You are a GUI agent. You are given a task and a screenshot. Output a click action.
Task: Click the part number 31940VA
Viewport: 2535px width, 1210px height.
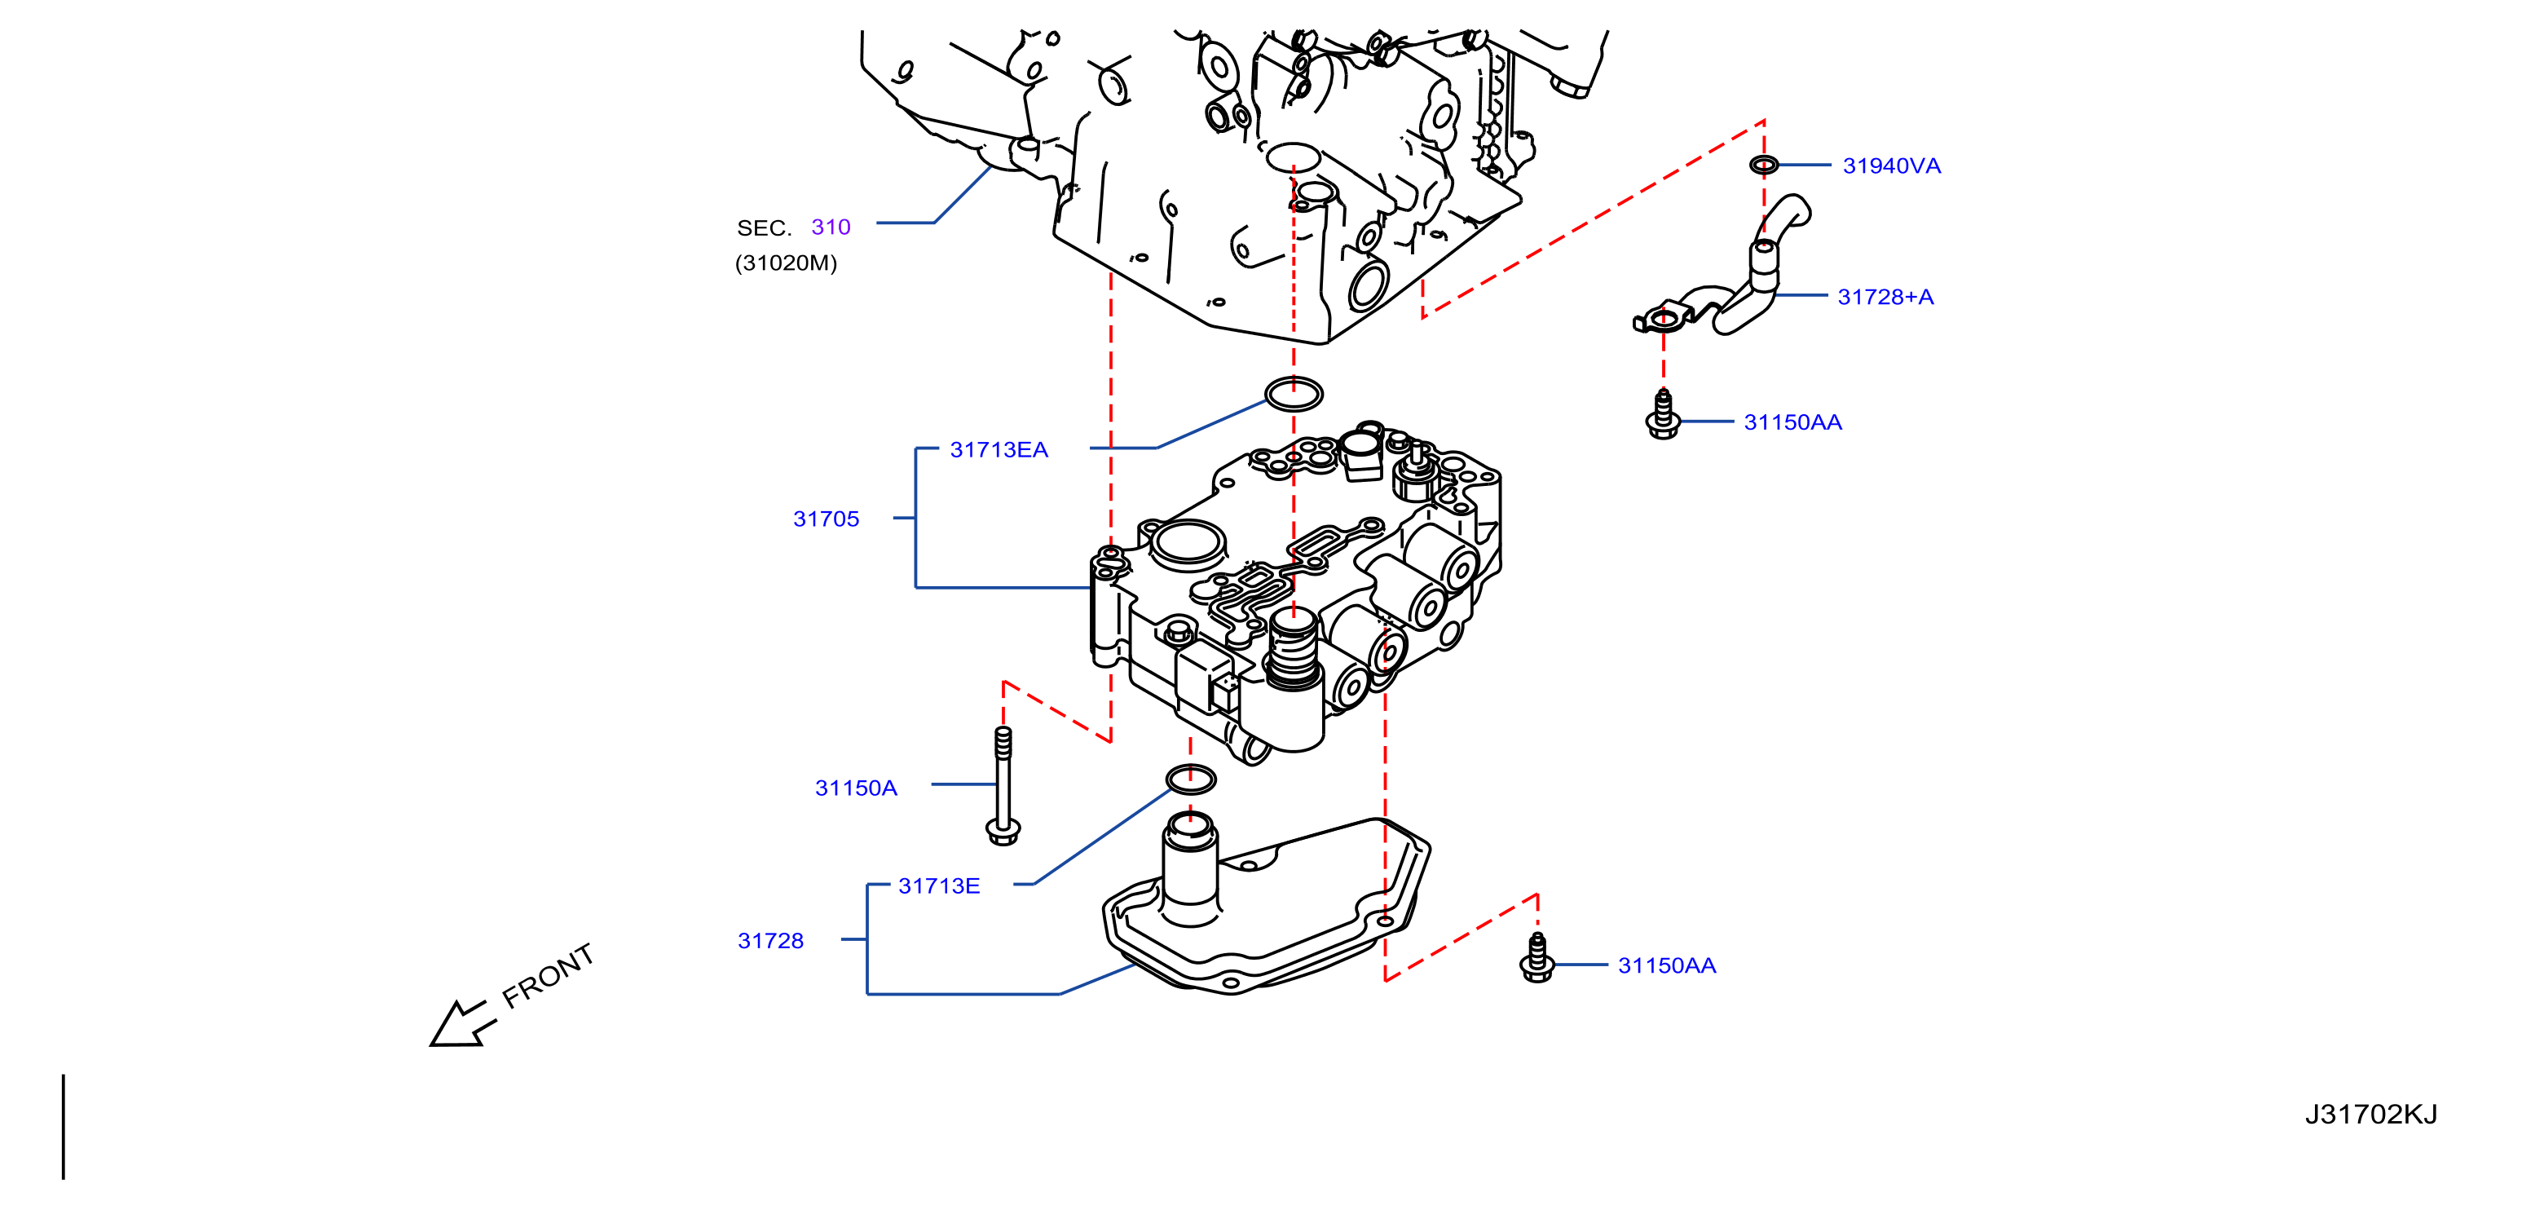point(1891,166)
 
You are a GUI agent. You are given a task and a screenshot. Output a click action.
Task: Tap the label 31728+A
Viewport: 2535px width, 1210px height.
point(1885,296)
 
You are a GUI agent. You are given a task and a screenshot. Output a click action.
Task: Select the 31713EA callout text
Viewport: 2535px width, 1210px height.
point(999,450)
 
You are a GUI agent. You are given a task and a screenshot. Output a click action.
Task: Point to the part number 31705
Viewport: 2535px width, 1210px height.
point(827,519)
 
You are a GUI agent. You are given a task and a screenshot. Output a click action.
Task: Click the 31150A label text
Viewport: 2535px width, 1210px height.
point(856,788)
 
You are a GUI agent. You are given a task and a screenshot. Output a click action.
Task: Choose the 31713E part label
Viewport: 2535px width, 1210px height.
point(939,886)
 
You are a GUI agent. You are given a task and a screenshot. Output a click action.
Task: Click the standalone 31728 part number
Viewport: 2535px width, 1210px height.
point(770,941)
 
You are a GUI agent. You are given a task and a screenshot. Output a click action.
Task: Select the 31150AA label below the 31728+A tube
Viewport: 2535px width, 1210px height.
point(1793,422)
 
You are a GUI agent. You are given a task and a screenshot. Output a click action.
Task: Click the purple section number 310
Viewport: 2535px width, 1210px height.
point(831,227)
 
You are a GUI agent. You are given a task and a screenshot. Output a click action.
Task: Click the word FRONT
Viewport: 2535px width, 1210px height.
point(548,976)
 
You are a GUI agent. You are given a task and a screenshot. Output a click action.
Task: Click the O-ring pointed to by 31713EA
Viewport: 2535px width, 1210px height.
point(1293,394)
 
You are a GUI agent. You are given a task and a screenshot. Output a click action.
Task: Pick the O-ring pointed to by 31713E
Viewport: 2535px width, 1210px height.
point(1191,779)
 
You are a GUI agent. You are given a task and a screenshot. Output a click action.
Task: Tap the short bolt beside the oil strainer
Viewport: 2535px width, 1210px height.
point(1537,958)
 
